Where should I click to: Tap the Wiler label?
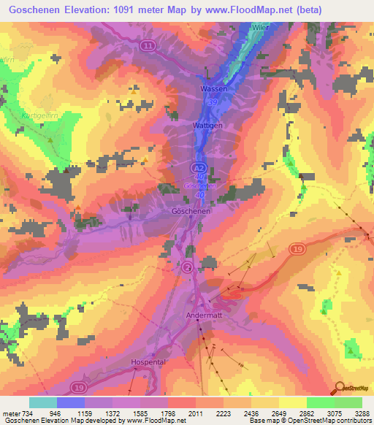coord(261,27)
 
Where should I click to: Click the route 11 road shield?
coord(149,46)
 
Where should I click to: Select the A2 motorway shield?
coord(199,168)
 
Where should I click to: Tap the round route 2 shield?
coord(188,268)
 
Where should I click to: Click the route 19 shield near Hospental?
coord(78,386)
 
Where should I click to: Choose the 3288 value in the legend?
coord(362,413)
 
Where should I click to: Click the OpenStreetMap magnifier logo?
coord(339,387)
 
